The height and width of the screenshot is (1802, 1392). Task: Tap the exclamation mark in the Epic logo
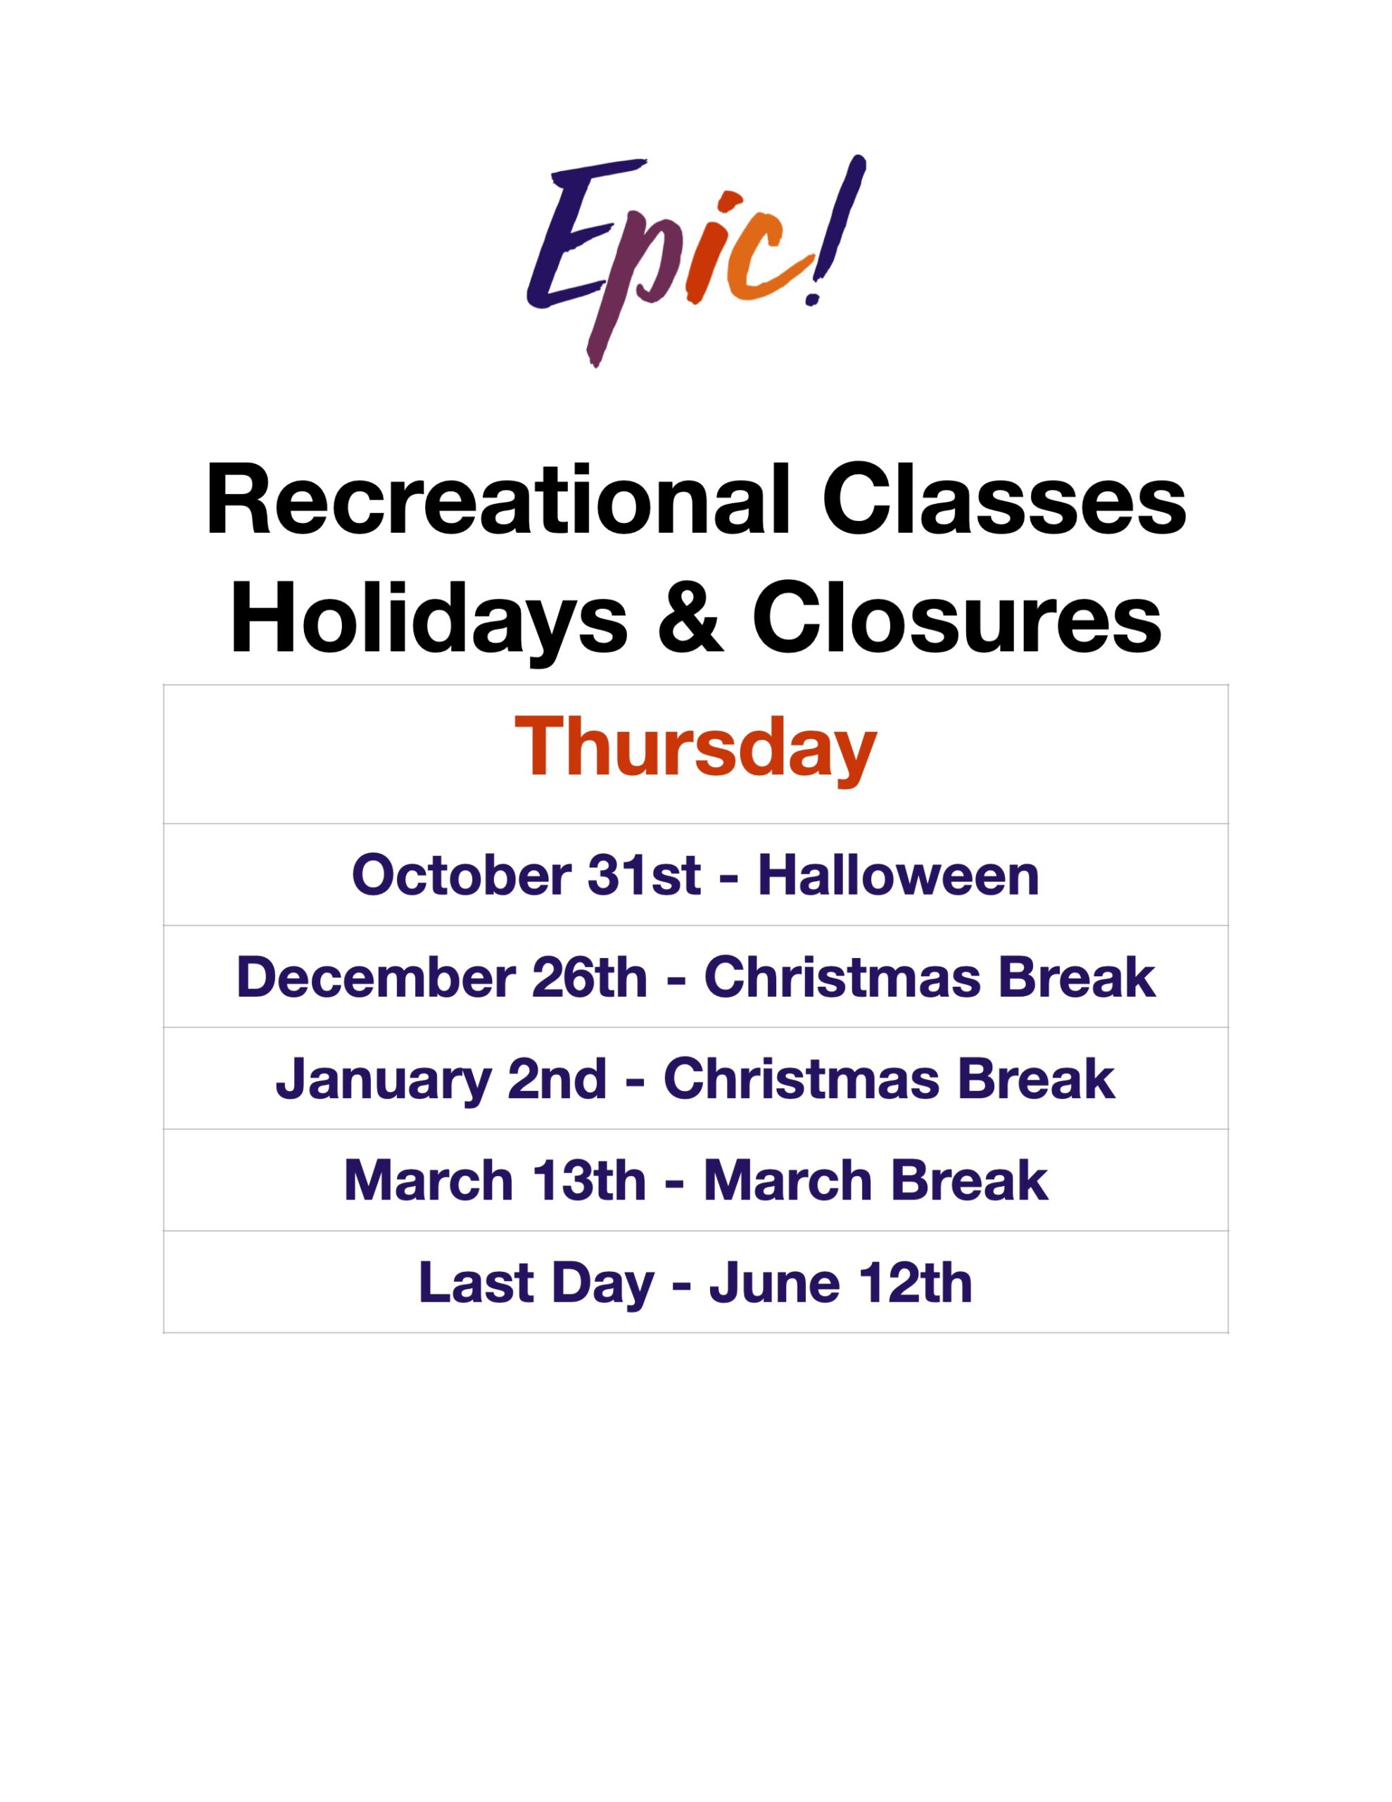click(x=835, y=231)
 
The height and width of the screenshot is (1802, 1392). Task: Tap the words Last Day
click(x=536, y=1284)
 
